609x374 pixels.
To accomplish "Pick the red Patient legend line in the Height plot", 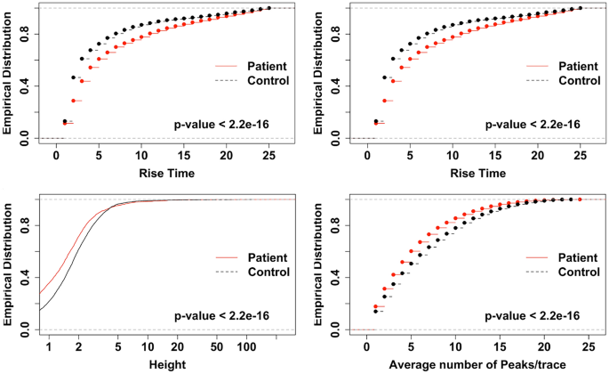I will click(228, 257).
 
